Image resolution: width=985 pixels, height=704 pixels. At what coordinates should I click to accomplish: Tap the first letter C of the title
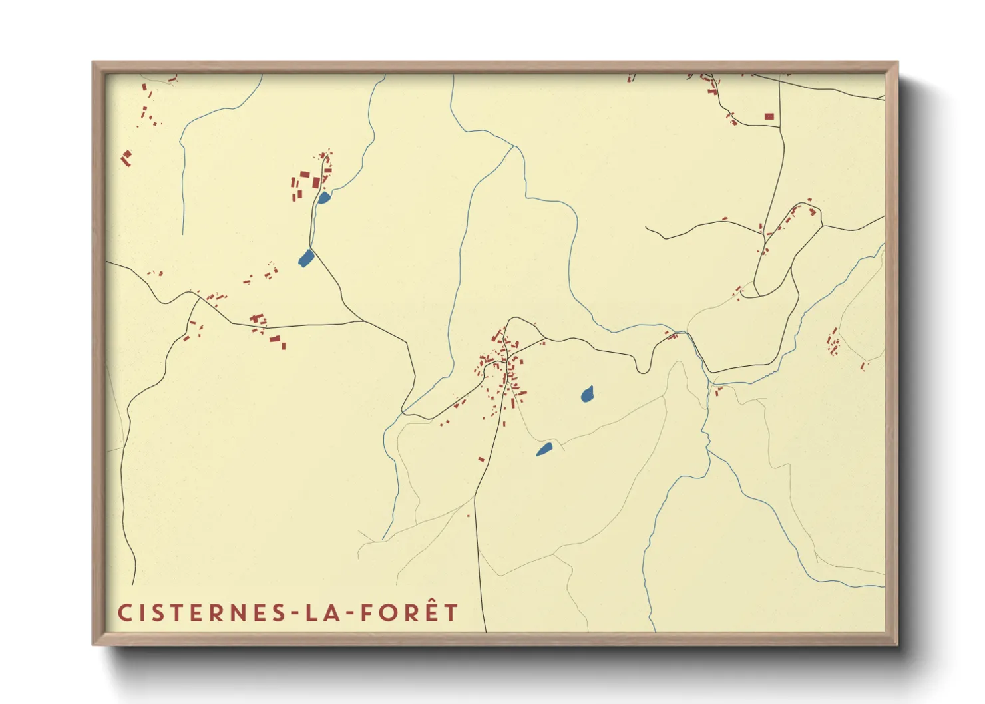click(124, 613)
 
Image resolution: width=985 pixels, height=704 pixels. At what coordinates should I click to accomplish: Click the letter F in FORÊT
click(367, 613)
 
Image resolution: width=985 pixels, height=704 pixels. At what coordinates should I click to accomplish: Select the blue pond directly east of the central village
click(587, 395)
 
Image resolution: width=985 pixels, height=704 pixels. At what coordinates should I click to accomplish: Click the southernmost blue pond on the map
click(544, 450)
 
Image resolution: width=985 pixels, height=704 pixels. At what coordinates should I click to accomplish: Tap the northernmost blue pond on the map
click(323, 198)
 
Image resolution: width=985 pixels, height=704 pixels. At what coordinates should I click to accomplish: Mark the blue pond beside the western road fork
click(305, 258)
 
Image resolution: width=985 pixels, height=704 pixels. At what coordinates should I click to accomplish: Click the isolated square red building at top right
click(769, 116)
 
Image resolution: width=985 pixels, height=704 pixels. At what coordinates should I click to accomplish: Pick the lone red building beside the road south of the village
click(481, 459)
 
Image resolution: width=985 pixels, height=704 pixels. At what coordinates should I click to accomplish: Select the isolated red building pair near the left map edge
click(126, 158)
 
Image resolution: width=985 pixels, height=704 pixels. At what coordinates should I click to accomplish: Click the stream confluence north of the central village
click(514, 147)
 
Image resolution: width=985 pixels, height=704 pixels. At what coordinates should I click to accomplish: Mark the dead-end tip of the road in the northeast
click(646, 227)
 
